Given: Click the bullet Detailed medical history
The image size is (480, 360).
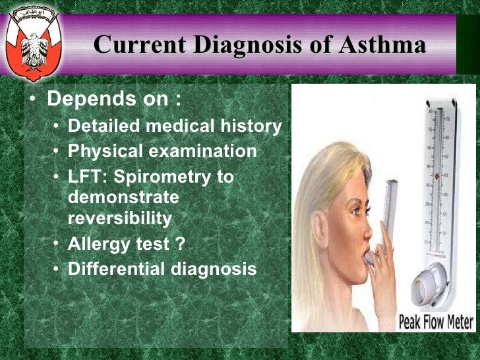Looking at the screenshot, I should click(175, 126).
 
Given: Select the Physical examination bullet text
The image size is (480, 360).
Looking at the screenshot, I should click(162, 151).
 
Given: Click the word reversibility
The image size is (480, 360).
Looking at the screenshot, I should click(120, 218).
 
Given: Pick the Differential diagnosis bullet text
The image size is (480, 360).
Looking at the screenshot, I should click(162, 269).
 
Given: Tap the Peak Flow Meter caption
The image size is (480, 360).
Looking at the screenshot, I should click(436, 322).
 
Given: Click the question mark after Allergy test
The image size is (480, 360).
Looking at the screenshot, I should click(180, 243).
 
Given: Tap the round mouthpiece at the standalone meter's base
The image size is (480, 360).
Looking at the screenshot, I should click(426, 290).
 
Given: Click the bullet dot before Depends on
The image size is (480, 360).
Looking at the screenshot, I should click(33, 101).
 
